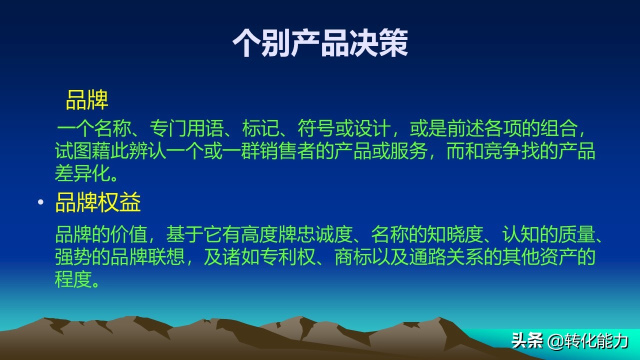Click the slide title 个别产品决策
[x=320, y=43]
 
